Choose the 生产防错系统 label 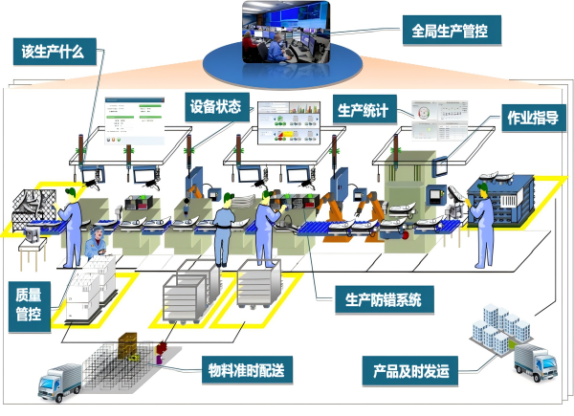coord(383,299)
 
